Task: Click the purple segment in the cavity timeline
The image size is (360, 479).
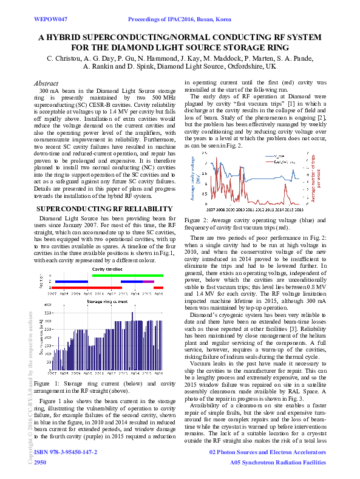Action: [x=149, y=282]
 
